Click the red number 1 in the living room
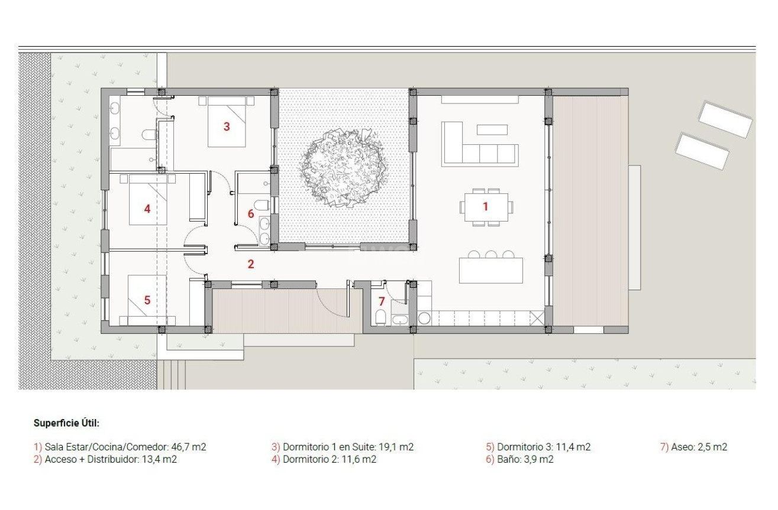point(486,206)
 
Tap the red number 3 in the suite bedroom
point(226,126)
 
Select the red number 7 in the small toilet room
point(382,301)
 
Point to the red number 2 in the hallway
point(251,264)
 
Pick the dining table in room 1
point(486,207)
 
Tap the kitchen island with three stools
point(490,270)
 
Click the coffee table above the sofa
point(492,129)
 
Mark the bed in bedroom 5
point(147,300)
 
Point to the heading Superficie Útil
point(67,423)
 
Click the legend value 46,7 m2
point(188,447)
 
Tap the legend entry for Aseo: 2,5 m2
point(693,447)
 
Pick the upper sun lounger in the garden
point(725,119)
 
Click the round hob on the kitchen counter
point(424,318)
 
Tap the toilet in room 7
point(380,319)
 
